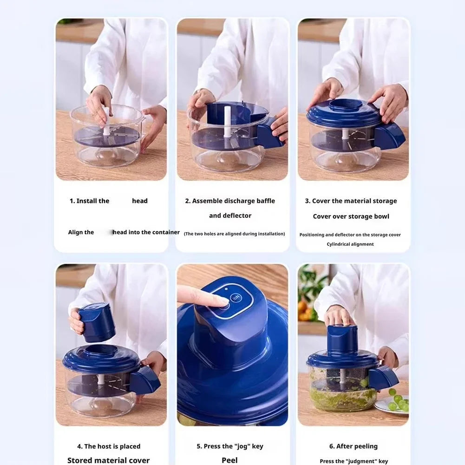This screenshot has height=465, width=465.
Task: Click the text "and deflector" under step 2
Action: coord(230,216)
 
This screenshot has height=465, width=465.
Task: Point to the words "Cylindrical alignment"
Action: coord(350,244)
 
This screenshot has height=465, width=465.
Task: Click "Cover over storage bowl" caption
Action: coord(351,216)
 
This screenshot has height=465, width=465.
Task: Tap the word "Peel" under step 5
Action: coord(229,460)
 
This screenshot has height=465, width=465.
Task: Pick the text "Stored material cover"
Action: coord(108,460)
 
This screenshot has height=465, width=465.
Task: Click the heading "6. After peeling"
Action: coord(353,446)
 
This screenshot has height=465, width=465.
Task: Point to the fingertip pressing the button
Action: coord(222,302)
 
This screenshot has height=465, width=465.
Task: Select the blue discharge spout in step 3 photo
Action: coord(389,136)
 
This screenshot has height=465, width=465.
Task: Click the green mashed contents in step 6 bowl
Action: coord(339,395)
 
